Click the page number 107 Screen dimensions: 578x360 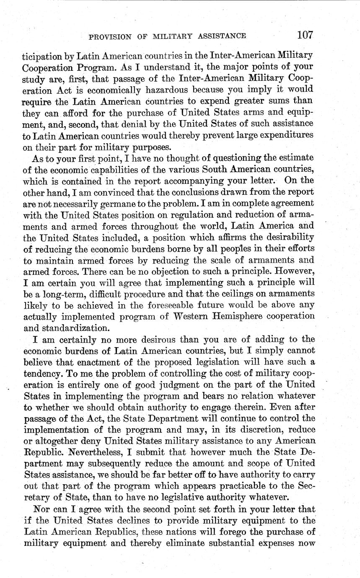(305, 35)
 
